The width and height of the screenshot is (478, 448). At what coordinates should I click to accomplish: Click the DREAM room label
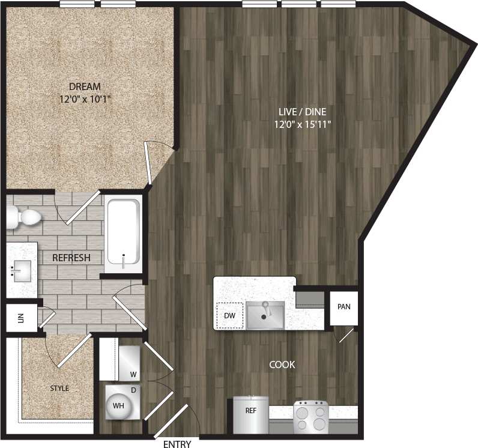tap(84, 86)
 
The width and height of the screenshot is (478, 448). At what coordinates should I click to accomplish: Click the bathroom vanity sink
tap(22, 271)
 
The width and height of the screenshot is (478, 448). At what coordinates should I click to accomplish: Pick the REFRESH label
tap(71, 258)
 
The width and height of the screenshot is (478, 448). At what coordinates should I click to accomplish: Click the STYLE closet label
tap(59, 389)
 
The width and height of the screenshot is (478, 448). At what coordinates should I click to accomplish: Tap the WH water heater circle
tap(119, 406)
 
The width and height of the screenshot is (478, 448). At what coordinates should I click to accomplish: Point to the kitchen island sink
tap(265, 315)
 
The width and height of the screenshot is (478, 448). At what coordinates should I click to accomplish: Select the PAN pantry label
tap(343, 307)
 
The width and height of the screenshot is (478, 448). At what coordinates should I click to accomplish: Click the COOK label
tap(282, 365)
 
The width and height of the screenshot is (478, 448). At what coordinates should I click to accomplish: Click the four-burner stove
tap(310, 415)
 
